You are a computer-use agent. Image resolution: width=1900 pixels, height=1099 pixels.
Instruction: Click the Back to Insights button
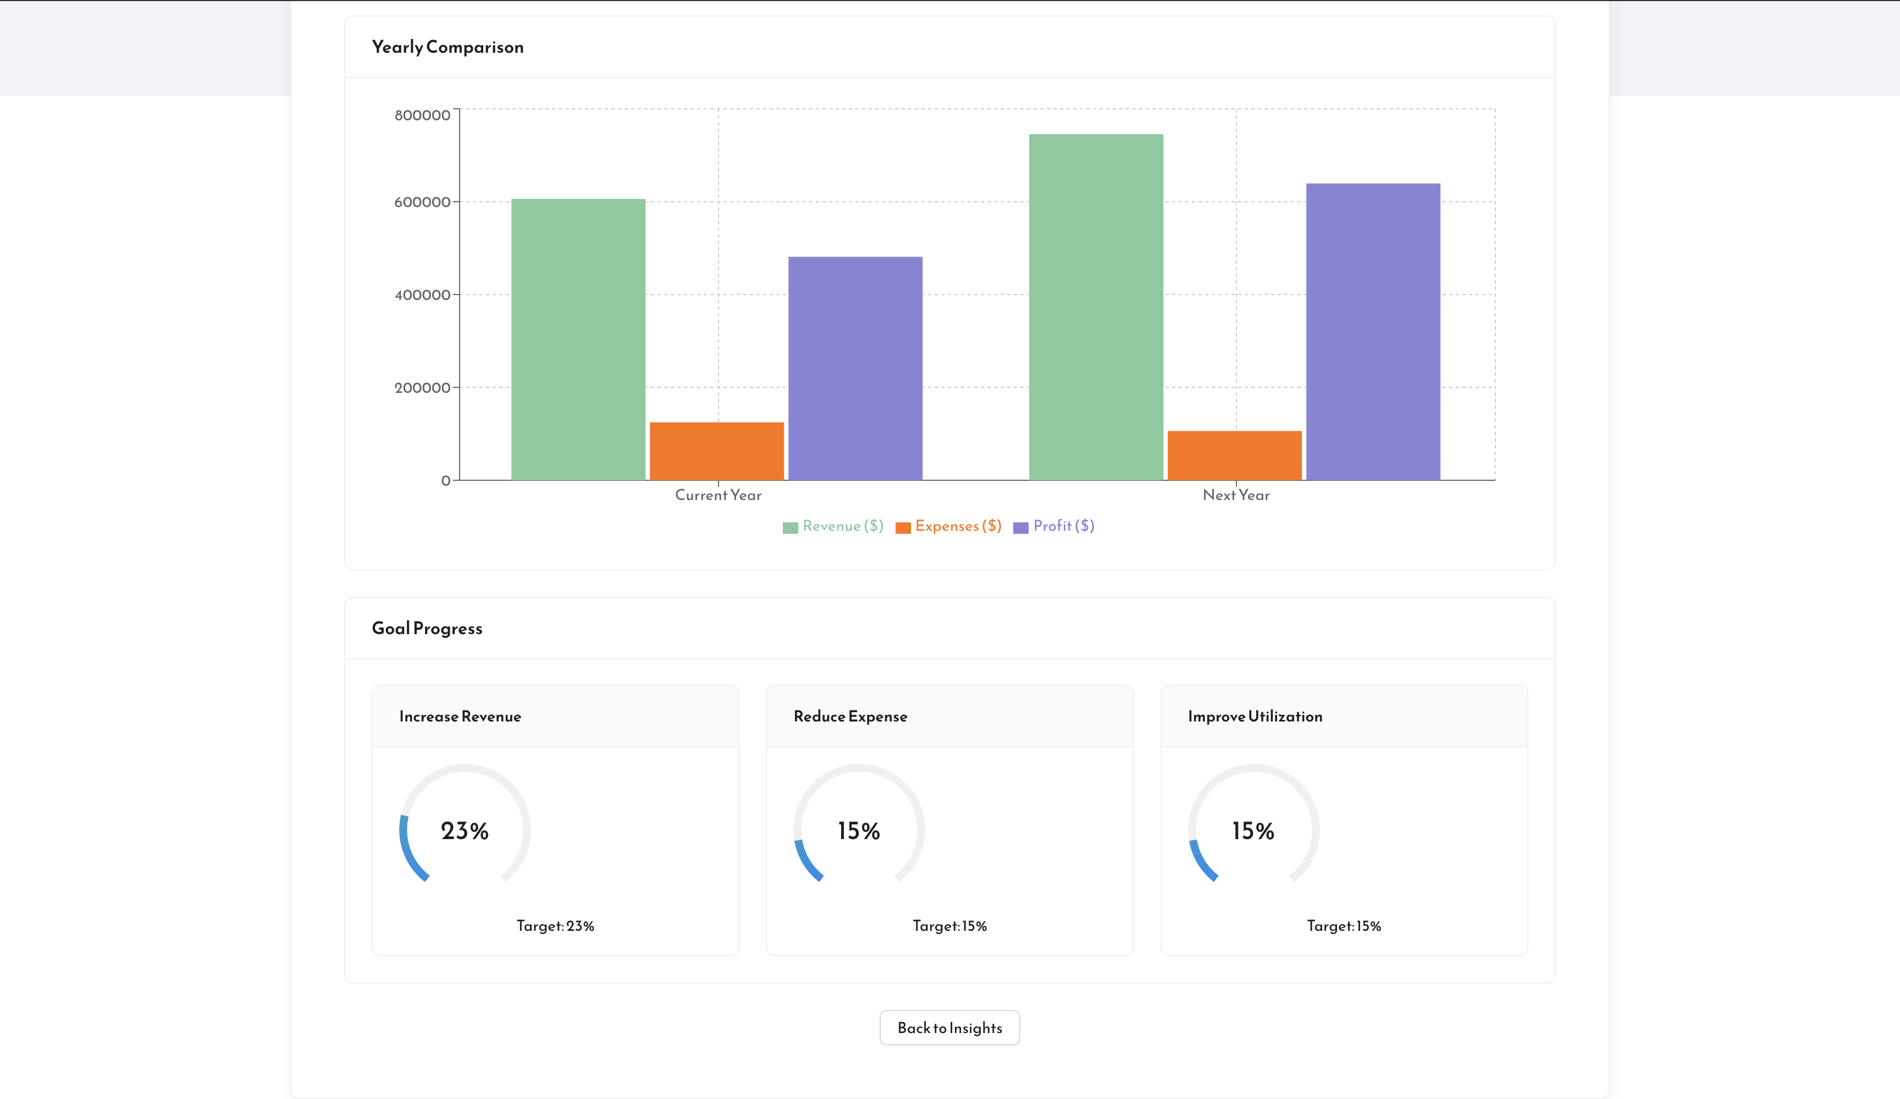pos(949,1028)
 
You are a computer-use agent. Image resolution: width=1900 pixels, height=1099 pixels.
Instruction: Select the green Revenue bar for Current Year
pos(578,339)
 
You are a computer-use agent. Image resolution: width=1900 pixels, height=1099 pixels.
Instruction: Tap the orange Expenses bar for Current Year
pos(716,451)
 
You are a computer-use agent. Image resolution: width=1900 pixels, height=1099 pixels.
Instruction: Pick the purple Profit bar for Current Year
pos(855,368)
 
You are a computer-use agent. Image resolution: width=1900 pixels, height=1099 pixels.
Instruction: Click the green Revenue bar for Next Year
pos(1096,307)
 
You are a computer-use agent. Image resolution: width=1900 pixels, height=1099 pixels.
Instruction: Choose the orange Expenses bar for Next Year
pos(1234,456)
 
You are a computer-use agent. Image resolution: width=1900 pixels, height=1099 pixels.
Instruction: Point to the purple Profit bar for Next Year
pos(1373,332)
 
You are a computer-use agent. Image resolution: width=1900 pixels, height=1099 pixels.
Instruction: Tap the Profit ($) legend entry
pos(1054,526)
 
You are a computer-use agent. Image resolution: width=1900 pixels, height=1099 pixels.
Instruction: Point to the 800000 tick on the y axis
pos(422,115)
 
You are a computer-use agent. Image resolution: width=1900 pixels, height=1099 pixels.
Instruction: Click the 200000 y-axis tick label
pos(422,387)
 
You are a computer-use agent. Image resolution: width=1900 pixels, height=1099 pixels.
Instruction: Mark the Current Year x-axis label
pos(718,495)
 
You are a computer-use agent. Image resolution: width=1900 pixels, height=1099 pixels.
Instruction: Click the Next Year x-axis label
pos(1236,495)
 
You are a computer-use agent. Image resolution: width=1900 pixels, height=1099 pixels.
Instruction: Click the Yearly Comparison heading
pos(447,47)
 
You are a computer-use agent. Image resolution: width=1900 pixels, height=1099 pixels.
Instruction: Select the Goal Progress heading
pos(427,628)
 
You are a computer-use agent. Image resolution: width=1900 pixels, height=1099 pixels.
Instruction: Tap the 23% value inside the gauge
pos(465,831)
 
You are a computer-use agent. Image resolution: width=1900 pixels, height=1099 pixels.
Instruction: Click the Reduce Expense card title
pos(850,716)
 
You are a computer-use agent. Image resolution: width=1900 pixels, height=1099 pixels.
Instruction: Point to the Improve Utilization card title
pos(1255,716)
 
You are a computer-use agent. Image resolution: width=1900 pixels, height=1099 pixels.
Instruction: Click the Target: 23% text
pos(555,925)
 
